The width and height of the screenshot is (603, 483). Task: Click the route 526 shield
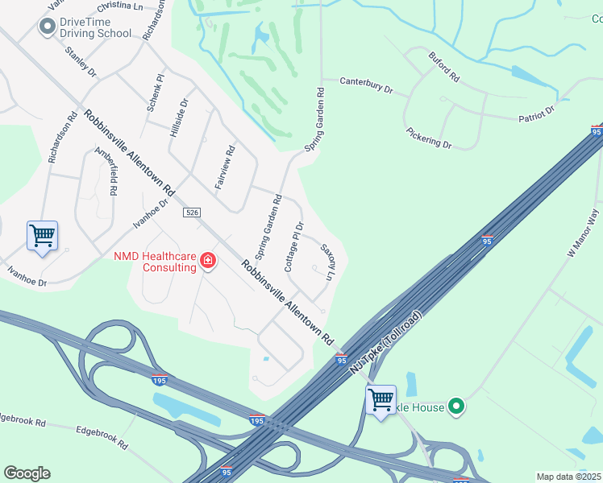(191, 213)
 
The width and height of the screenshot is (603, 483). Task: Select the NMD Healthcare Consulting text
(155, 262)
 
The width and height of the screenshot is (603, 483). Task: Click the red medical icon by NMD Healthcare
(208, 260)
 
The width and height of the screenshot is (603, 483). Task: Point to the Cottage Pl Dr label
(293, 246)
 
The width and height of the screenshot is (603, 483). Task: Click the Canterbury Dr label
(366, 85)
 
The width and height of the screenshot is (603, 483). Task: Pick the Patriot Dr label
(537, 114)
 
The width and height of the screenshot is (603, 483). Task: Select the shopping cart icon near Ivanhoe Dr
(42, 236)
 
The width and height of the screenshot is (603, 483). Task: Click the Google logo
(27, 473)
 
